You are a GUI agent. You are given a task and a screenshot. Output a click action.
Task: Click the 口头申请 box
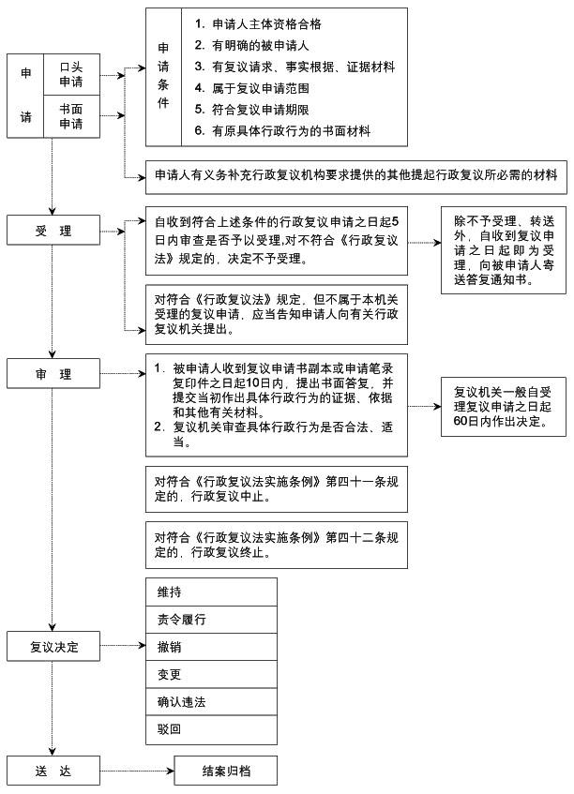coord(71,74)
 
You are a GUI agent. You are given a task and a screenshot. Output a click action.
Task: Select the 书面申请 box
coord(71,116)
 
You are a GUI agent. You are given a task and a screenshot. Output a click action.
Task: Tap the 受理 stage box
coord(53,231)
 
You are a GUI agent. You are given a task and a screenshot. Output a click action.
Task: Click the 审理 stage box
coord(53,374)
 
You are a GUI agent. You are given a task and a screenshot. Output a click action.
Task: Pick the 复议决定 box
coord(53,646)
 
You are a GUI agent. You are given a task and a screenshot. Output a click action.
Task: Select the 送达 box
coord(53,771)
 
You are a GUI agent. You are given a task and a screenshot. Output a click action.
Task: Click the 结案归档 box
coord(226,771)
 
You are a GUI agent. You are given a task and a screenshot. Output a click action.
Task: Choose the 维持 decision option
coord(211,592)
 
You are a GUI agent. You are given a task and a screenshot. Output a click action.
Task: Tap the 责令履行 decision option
coord(211,620)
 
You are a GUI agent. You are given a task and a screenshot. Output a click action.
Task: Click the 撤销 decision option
coord(211,647)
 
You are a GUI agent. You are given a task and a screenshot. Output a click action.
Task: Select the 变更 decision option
coord(211,675)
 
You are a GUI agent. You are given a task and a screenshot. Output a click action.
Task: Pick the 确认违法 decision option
coord(211,702)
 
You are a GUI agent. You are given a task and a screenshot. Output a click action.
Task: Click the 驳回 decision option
coord(211,729)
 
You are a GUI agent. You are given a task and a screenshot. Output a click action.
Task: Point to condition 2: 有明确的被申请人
coord(251,46)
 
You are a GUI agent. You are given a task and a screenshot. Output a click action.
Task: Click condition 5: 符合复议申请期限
coord(251,110)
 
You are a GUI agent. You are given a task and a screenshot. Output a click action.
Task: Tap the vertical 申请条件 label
coord(163,75)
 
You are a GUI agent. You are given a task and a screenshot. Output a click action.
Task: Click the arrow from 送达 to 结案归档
coord(137,772)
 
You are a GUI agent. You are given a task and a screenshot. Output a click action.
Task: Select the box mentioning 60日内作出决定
coord(503,407)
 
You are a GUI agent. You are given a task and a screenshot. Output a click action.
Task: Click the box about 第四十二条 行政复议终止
coord(276,545)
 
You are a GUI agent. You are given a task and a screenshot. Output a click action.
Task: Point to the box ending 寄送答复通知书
coord(503,250)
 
